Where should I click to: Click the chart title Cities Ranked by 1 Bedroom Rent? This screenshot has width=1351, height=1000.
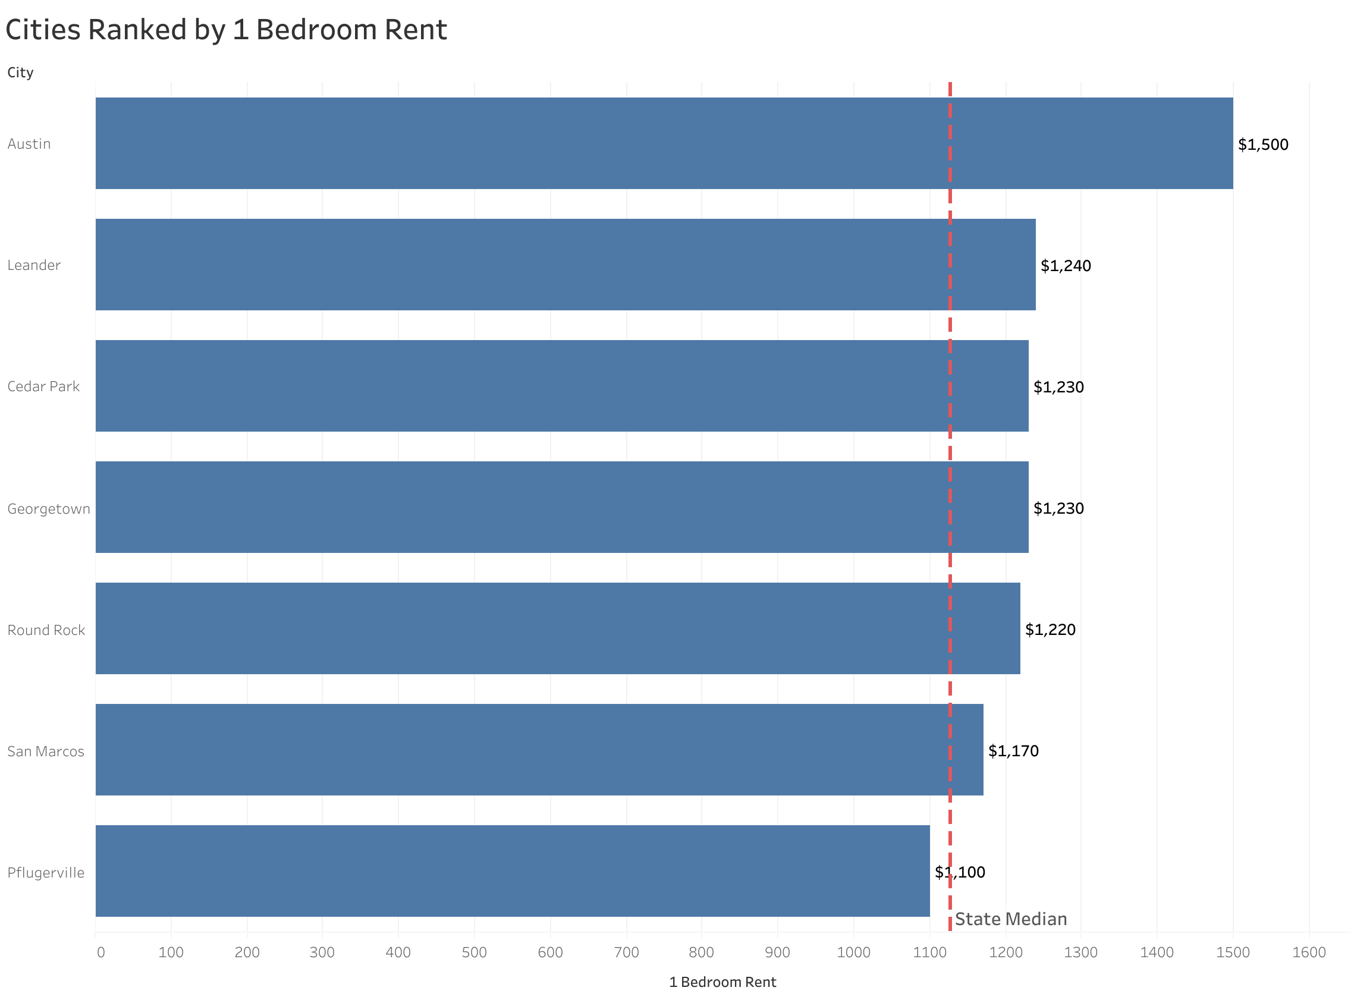click(x=226, y=30)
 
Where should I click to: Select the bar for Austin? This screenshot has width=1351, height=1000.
click(x=664, y=143)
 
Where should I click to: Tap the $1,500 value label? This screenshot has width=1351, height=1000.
click(x=1262, y=144)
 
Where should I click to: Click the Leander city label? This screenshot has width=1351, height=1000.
click(x=34, y=265)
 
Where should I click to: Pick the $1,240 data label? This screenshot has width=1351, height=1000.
click(x=1066, y=266)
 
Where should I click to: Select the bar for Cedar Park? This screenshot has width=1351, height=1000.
click(x=561, y=386)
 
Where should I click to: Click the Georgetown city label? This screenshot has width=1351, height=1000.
click(x=48, y=509)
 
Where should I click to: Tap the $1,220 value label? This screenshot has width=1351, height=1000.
click(x=1050, y=630)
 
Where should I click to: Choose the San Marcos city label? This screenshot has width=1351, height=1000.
click(x=45, y=751)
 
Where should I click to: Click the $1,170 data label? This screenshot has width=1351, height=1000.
click(x=1013, y=751)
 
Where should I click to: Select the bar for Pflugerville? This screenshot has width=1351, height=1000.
click(x=512, y=870)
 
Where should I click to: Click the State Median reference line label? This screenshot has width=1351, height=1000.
click(x=1010, y=919)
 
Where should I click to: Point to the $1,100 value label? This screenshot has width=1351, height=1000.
click(x=959, y=872)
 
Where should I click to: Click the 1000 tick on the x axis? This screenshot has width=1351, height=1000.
click(x=853, y=952)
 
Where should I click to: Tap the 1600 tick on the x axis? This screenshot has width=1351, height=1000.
click(x=1309, y=952)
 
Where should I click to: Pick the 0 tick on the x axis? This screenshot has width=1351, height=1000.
click(x=100, y=952)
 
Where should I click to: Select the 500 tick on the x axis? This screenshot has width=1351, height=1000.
click(x=474, y=952)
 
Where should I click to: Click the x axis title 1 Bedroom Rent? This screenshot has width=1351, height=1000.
click(x=722, y=982)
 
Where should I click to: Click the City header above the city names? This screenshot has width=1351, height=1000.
click(x=20, y=73)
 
